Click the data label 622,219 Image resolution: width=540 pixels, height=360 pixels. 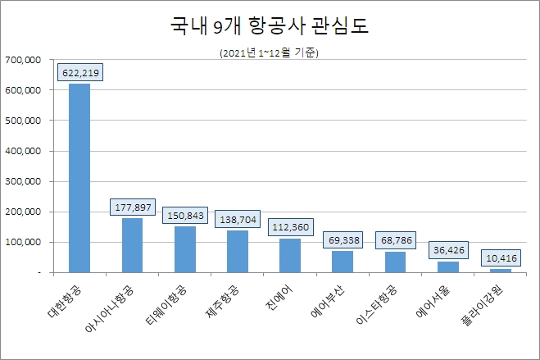pyautogui.click(x=79, y=72)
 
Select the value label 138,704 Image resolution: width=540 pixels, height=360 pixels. pyautogui.click(x=237, y=220)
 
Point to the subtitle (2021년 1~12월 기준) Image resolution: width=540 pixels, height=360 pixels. pyautogui.click(x=270, y=54)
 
